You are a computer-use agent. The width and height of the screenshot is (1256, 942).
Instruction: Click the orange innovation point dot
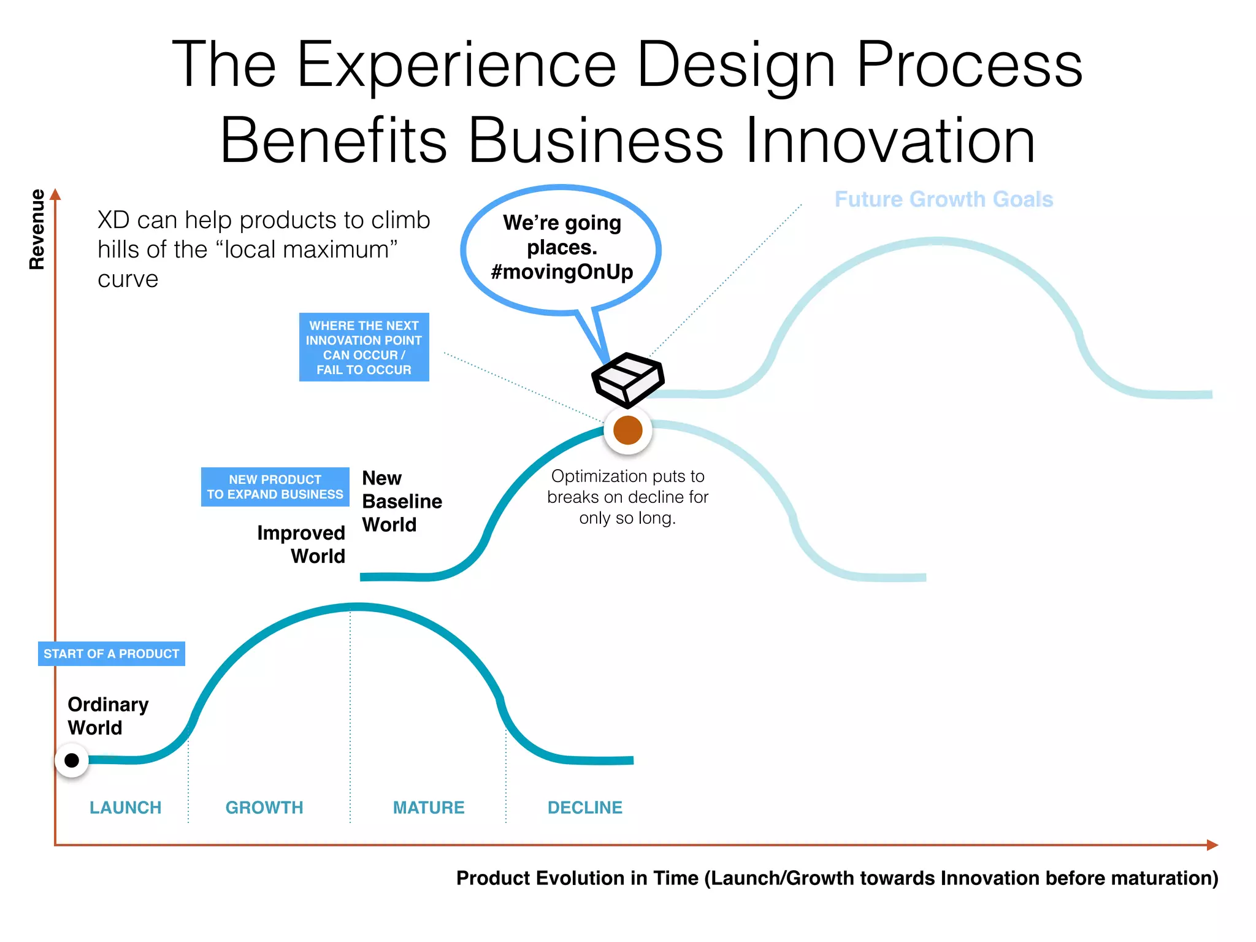pyautogui.click(x=627, y=430)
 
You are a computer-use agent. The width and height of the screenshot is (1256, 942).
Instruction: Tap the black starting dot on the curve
pyautogui.click(x=72, y=760)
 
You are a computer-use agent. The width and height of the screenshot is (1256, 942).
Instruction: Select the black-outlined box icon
pyautogui.click(x=627, y=380)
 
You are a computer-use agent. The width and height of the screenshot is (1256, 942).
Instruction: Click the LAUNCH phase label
pyautogui.click(x=125, y=808)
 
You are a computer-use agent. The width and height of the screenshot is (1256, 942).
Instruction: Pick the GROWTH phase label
pyautogui.click(x=264, y=808)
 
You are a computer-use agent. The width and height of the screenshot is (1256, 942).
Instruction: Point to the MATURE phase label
pyautogui.click(x=429, y=808)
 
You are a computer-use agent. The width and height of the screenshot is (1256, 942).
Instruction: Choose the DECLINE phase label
pyautogui.click(x=584, y=808)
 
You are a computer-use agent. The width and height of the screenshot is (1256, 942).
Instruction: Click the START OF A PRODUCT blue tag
pyautogui.click(x=111, y=654)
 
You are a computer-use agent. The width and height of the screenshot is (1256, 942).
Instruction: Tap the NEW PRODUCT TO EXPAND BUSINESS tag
pyautogui.click(x=275, y=487)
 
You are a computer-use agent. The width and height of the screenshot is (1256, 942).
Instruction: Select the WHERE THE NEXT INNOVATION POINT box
pyautogui.click(x=364, y=347)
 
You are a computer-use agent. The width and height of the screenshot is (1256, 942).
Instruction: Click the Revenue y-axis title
pyautogui.click(x=37, y=229)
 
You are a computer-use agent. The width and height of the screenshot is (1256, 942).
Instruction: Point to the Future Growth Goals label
pyautogui.click(x=943, y=199)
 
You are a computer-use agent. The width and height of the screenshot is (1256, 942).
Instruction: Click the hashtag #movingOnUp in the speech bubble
pyautogui.click(x=561, y=272)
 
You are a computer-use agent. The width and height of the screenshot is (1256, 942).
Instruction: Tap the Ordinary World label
pyautogui.click(x=107, y=716)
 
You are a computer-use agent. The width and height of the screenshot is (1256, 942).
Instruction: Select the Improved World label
pyautogui.click(x=301, y=544)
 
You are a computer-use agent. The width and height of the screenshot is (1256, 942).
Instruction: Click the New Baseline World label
pyautogui.click(x=401, y=501)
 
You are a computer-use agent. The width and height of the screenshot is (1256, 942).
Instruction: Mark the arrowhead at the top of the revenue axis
pyautogui.click(x=55, y=194)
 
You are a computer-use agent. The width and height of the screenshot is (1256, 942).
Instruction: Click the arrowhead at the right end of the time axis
pyautogui.click(x=1212, y=845)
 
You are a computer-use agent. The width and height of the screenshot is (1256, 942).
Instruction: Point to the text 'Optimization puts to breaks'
pyautogui.click(x=627, y=486)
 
